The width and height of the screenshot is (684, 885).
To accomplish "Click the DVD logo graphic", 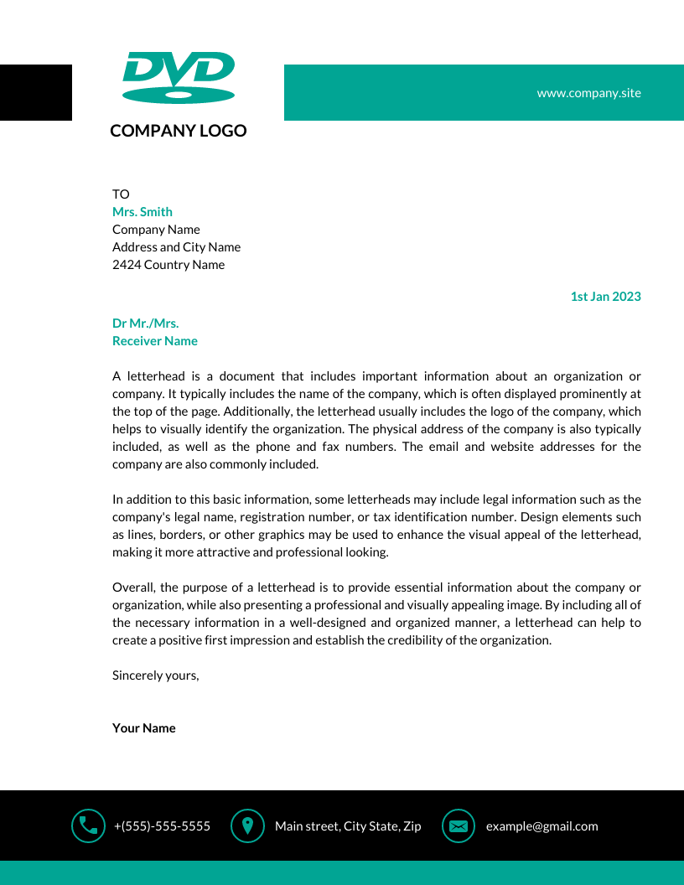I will point(179,78).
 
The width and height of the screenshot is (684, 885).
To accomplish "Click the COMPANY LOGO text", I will point(179,131).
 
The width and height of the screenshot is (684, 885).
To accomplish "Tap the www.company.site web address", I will point(588,93).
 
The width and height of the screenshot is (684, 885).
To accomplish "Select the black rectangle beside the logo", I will point(35,92).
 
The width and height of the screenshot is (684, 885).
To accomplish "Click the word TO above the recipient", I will point(121,194).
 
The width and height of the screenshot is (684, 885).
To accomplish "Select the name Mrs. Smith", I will point(142,212).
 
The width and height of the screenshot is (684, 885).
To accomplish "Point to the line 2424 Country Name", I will point(168,265).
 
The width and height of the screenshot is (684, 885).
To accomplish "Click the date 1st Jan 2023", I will point(605,297).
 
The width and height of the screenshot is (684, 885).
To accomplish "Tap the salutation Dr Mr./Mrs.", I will point(146,323).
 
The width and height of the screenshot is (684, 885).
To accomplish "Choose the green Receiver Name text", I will point(155,341).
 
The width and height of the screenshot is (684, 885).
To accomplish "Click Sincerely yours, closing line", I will point(156,675).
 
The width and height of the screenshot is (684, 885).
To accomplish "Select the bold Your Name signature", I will point(144,728).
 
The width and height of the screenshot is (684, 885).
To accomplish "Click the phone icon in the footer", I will point(88,826).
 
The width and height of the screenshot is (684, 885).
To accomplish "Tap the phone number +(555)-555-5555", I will point(162,826).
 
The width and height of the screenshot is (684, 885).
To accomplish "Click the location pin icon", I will point(247,826).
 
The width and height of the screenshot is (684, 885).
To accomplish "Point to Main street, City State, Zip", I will point(348,826).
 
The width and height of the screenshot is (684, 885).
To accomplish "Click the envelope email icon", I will point(459,826).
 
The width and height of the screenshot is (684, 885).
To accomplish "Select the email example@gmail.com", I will point(541,826).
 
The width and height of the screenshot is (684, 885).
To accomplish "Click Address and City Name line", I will point(176,247).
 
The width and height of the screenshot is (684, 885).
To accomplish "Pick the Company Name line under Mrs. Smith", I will point(156,230).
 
